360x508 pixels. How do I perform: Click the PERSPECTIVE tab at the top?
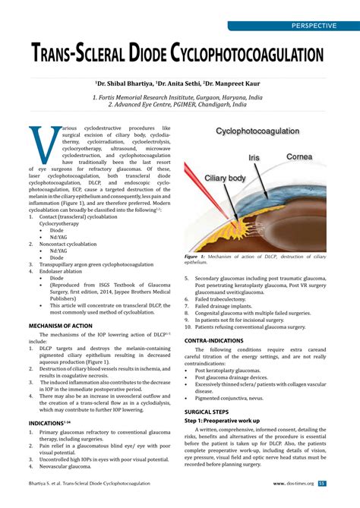click(314, 26)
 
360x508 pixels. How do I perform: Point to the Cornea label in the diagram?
click(298, 156)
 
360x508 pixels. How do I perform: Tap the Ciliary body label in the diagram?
click(226, 178)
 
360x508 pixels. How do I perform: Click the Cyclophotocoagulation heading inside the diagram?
click(257, 131)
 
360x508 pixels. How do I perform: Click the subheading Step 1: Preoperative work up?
click(230, 420)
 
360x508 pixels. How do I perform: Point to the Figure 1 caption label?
click(197, 257)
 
